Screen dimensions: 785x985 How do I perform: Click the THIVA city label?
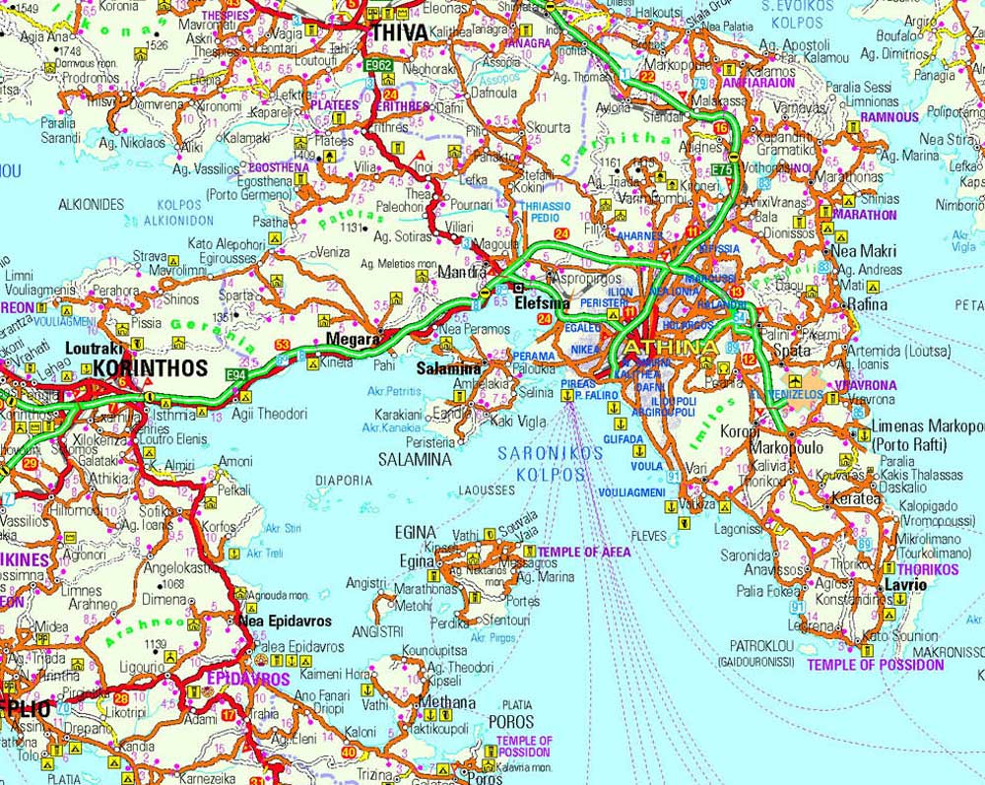point(399,33)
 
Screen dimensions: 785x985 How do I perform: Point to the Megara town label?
point(354,340)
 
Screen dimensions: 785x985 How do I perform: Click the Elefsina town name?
point(543,304)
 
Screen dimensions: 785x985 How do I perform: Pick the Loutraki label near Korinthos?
point(96,348)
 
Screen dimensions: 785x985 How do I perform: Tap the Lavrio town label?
point(905,584)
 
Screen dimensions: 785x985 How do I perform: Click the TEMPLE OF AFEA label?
point(579,553)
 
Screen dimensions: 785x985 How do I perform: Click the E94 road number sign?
point(234,375)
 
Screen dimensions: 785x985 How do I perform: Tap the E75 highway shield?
point(722,170)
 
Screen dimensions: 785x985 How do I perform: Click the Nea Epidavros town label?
point(285,621)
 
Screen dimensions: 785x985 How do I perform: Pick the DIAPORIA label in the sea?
point(344,481)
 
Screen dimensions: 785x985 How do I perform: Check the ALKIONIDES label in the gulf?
point(92,204)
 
